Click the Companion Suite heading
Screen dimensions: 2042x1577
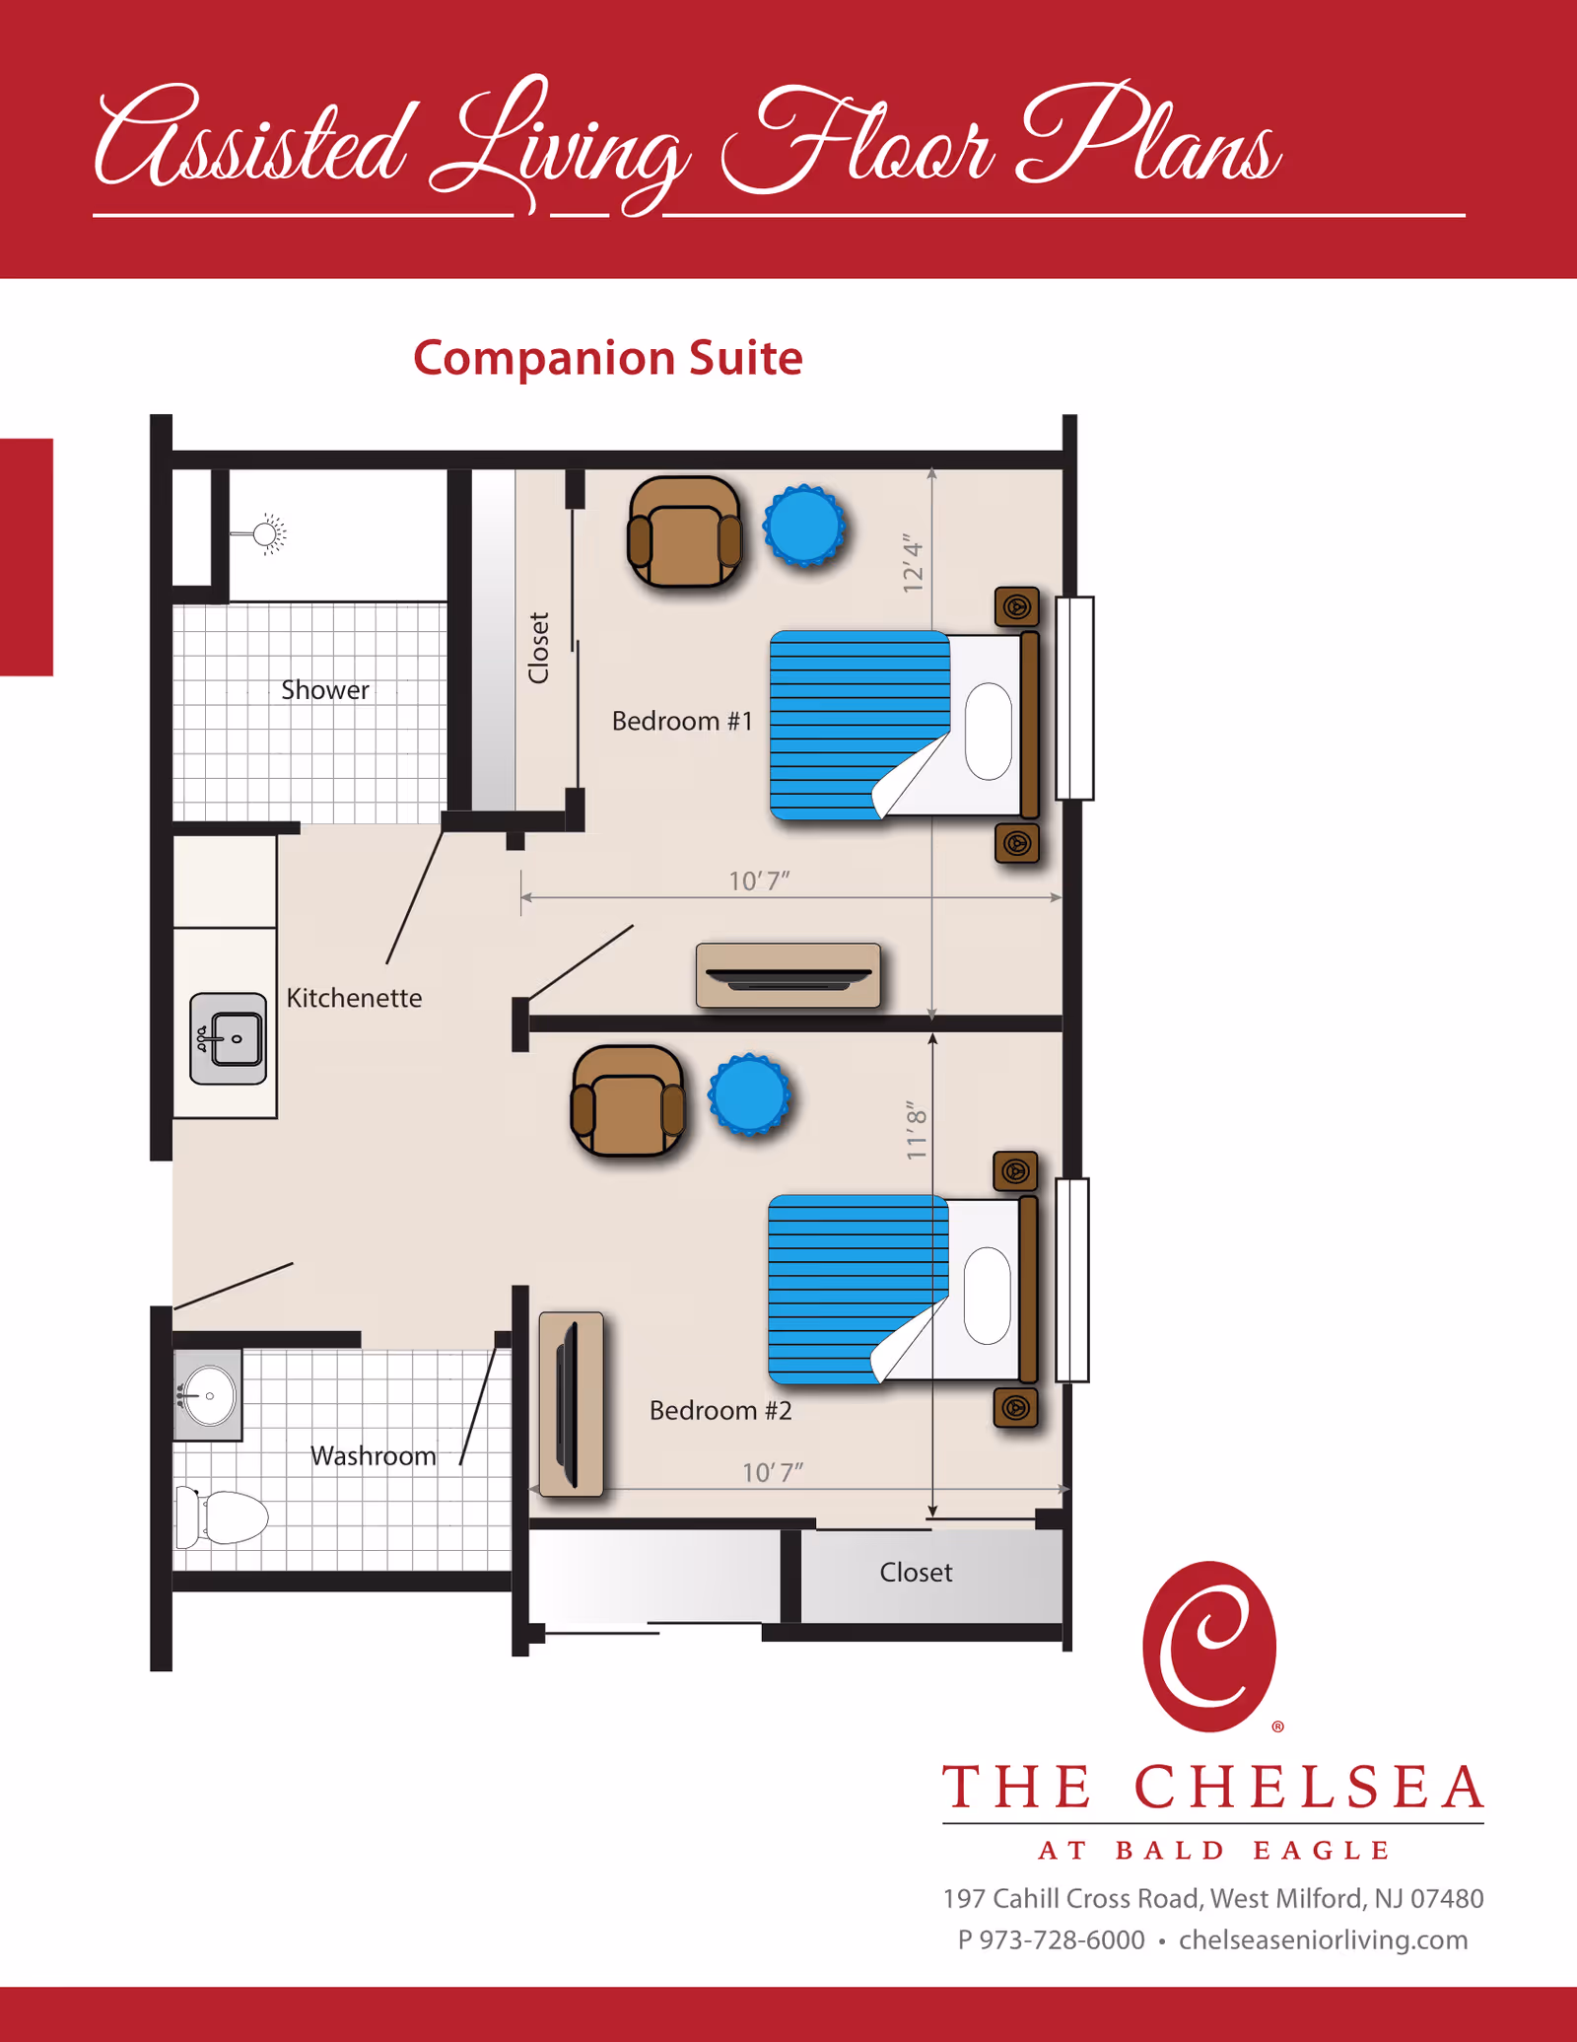[607, 358]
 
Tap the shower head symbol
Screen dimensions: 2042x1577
[265, 534]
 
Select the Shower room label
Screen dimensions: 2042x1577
[324, 690]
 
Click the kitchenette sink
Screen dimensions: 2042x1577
[229, 1038]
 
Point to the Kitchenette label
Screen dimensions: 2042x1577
[354, 998]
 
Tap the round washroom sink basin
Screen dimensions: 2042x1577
[210, 1395]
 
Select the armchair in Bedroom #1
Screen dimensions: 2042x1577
[685, 532]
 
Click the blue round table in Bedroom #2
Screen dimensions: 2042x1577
[749, 1094]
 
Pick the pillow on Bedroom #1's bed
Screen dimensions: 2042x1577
[989, 731]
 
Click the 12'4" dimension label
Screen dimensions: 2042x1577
[914, 564]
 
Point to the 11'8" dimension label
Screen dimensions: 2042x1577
[917, 1130]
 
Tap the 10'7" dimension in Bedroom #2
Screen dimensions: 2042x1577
[773, 1472]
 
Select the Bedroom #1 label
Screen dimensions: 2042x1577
[682, 721]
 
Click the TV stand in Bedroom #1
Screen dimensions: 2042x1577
[788, 975]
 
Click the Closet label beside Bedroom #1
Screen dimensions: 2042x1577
[538, 648]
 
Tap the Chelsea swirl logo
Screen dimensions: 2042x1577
[1209, 1646]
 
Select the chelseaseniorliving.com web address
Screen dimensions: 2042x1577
[1323, 1939]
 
